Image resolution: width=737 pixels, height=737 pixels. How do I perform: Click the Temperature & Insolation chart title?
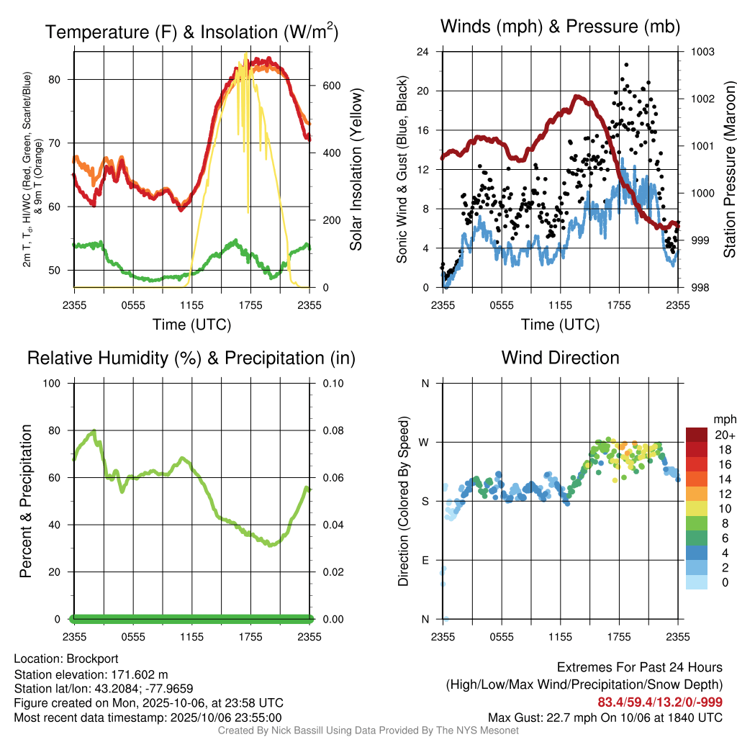click(191, 32)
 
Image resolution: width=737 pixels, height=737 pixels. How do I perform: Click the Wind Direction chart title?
click(560, 357)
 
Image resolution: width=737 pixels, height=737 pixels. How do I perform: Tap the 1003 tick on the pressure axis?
click(702, 52)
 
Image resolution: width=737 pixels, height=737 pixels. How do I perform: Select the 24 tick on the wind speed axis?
click(423, 52)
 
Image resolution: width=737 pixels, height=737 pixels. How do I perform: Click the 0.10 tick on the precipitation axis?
click(332, 383)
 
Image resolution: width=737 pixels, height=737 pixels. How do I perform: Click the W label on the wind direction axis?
click(425, 442)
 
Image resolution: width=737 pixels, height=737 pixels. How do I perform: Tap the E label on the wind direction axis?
click(425, 560)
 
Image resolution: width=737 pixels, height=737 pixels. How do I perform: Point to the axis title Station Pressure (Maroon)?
click(728, 169)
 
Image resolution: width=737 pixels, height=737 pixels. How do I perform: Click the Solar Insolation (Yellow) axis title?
click(356, 169)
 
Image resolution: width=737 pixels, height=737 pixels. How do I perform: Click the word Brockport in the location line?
click(92, 659)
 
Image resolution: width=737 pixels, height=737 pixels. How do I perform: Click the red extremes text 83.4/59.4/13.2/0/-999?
click(660, 702)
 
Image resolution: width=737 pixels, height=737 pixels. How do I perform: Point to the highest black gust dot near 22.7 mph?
click(626, 64)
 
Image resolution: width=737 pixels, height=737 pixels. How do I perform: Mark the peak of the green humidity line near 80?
click(94, 431)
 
